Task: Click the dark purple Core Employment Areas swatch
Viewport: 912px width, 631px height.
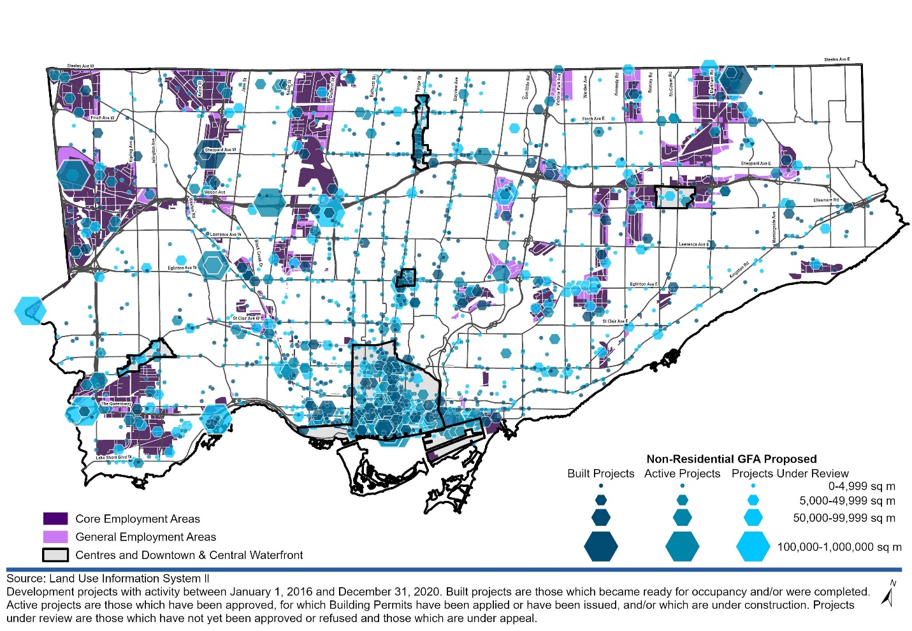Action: (x=55, y=518)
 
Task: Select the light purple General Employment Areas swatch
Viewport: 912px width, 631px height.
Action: (x=55, y=537)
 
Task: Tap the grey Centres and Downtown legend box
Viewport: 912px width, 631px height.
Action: (x=55, y=555)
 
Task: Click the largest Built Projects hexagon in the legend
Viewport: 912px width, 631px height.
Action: (x=600, y=546)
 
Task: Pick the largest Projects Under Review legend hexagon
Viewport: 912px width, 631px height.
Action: (x=753, y=546)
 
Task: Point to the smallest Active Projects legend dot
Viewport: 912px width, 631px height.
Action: (x=682, y=486)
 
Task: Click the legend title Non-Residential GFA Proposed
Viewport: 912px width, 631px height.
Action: (x=731, y=459)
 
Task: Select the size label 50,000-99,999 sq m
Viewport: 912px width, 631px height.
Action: (x=844, y=518)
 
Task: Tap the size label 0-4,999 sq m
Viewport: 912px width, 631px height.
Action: (x=862, y=486)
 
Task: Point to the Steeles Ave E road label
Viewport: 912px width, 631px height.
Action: (x=836, y=59)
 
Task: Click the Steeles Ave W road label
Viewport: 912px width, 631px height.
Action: (x=80, y=66)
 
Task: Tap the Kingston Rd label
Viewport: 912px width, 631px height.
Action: (x=739, y=270)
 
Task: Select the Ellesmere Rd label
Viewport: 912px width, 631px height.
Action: (x=826, y=200)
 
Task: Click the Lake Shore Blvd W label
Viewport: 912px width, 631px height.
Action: (x=113, y=457)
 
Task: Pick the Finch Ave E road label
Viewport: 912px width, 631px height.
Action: (x=593, y=119)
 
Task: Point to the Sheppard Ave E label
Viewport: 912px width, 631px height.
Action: (x=755, y=164)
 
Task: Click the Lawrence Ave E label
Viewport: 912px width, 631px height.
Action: (x=693, y=244)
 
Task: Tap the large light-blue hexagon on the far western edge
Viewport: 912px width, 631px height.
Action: (x=30, y=310)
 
